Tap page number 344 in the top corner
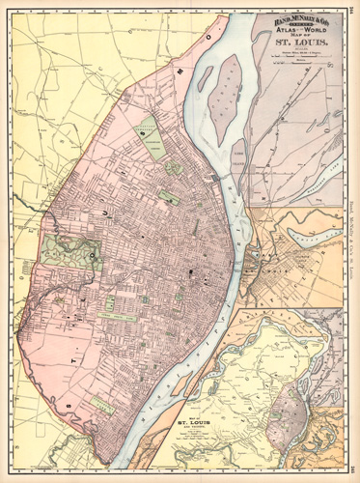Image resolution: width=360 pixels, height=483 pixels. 352,5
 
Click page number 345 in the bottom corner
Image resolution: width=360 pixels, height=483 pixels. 352,477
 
